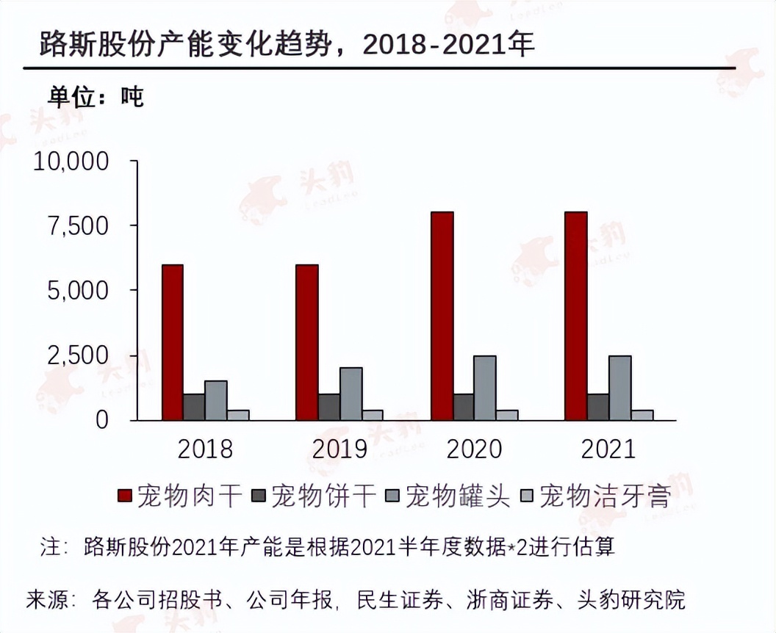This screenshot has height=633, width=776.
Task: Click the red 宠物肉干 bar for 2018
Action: click(x=173, y=342)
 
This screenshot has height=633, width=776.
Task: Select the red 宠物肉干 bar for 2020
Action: click(x=442, y=316)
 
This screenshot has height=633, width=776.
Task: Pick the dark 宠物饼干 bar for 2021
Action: click(x=598, y=407)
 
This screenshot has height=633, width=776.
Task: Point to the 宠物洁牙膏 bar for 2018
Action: click(x=238, y=415)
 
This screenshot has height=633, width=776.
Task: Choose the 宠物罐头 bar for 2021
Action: click(x=620, y=388)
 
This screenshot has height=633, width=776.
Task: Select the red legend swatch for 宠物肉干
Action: click(x=125, y=497)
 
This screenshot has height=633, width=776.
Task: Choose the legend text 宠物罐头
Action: click(x=458, y=497)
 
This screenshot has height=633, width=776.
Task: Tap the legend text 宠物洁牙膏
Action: click(x=605, y=497)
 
